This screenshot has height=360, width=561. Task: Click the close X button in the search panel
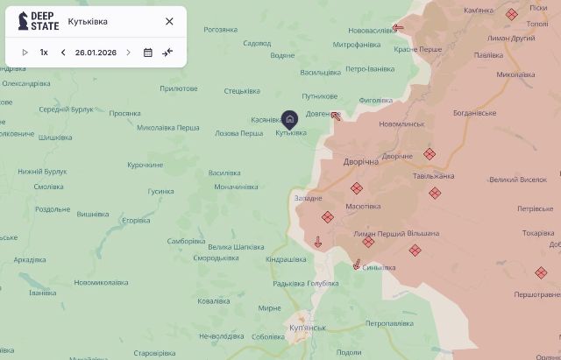169,21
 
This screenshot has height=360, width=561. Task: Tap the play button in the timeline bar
25,53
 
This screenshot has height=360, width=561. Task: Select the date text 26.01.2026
96,53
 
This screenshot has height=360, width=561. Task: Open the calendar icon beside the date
148,53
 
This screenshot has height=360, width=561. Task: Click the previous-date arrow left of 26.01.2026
63,53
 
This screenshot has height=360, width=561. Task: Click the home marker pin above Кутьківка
290,118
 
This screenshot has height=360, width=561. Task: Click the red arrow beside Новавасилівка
398,27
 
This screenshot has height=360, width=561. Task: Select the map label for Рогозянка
220,29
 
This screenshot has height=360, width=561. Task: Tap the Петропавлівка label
388,323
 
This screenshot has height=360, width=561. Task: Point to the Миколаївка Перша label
168,127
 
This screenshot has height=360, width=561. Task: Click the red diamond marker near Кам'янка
511,14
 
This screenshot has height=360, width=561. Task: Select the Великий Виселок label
518,180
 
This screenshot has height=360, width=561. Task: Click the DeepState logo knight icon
24,21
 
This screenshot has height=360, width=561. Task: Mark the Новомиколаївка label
101,282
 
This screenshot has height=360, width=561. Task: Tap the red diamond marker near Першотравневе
541,273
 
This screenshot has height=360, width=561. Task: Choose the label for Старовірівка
154,353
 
